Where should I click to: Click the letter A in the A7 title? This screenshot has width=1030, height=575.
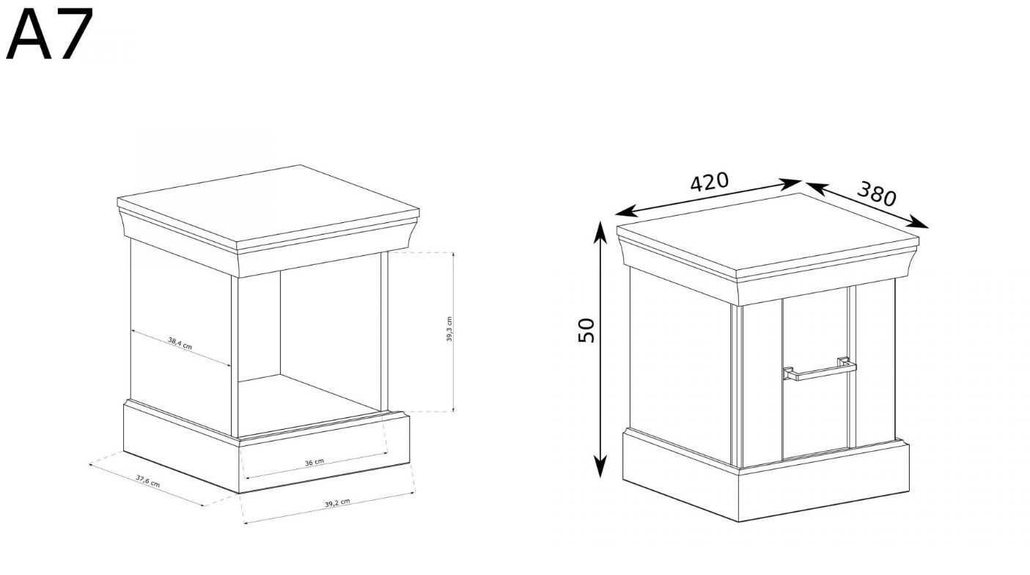(29, 34)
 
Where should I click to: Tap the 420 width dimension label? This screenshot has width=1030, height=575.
(710, 181)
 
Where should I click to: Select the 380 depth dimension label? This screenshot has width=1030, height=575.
(877, 194)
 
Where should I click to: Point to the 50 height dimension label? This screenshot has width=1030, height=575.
(586, 330)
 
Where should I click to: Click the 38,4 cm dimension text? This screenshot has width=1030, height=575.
(180, 343)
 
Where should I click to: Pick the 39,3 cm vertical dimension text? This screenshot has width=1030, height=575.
(449, 329)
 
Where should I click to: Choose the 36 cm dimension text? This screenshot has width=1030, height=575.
(314, 462)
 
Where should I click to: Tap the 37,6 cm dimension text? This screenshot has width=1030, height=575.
(148, 481)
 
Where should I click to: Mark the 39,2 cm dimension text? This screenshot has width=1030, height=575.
(337, 503)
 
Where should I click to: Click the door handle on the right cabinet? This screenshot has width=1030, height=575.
(820, 371)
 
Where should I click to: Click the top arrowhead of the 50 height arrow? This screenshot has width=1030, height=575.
(600, 230)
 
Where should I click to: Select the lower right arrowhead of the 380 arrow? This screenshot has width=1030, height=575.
(917, 223)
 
